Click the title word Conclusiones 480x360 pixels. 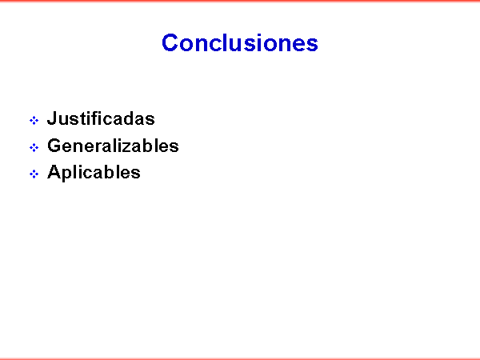[x=240, y=42]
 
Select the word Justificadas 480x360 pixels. [x=101, y=118]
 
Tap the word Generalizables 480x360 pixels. [x=113, y=146]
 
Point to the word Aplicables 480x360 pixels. [x=94, y=172]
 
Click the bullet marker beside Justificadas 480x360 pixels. [x=34, y=120]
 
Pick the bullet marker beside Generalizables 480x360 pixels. [x=34, y=147]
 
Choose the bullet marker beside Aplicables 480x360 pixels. [x=34, y=174]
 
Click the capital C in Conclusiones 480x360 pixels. [x=170, y=42]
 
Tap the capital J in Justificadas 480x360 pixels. [x=52, y=118]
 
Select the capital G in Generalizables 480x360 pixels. [x=54, y=146]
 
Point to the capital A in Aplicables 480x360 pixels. [x=54, y=172]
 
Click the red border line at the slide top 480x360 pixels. [x=240, y=1]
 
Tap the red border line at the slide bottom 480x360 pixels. [x=240, y=358]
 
